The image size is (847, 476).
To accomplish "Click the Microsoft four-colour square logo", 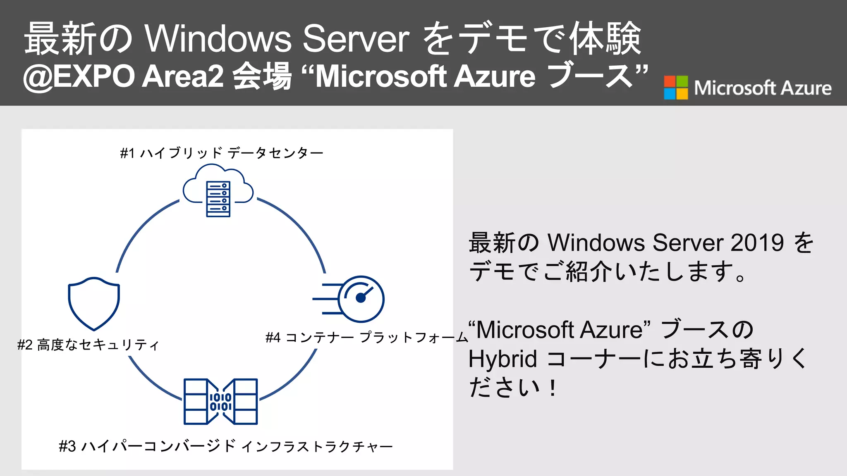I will tap(676, 88).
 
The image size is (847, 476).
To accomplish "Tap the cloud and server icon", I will tap(218, 191).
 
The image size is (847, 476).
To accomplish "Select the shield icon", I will tap(94, 303).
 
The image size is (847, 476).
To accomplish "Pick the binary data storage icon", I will tap(221, 401).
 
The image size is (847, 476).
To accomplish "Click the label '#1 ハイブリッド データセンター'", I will tap(222, 153).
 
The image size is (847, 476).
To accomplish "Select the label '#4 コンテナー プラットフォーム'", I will tap(366, 338).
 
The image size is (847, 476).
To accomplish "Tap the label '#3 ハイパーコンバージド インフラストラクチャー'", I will tap(226, 446).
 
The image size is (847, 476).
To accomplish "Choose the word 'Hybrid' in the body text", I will tap(502, 359).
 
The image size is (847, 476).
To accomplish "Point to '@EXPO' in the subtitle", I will tap(79, 77).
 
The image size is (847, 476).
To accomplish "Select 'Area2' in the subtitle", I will tap(183, 77).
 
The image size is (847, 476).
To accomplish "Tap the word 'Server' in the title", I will tap(356, 39).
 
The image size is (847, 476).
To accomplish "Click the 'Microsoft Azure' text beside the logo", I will tap(762, 88).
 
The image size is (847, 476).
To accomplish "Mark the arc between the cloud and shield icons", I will tap(141, 231).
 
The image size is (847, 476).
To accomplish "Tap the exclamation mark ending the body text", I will tap(553, 388).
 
